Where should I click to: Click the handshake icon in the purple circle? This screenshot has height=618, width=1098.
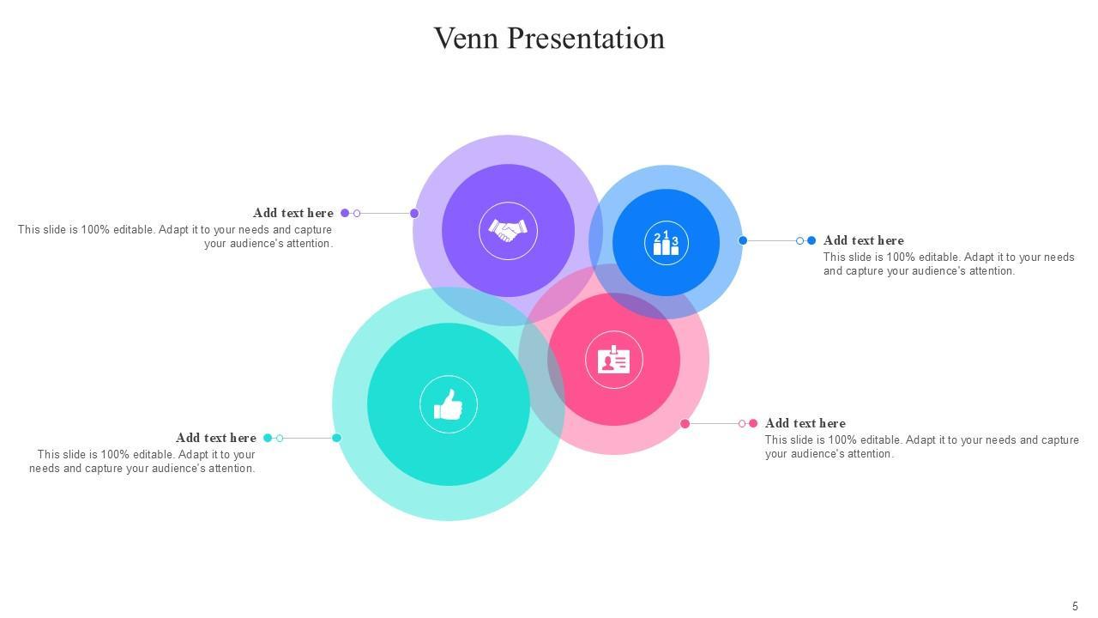point(508,230)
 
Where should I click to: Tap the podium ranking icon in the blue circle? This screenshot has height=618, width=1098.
point(666,243)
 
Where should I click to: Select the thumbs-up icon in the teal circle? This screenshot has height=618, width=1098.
point(448,404)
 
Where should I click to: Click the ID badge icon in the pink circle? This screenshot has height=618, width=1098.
point(613,360)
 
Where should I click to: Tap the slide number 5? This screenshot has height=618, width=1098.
point(1075,606)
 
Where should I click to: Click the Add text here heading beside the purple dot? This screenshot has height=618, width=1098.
point(293,213)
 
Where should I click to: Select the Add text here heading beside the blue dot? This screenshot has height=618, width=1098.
point(863,240)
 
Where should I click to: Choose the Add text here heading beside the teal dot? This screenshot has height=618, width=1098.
point(216,438)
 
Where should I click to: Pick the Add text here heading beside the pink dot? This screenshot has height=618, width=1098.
point(805,423)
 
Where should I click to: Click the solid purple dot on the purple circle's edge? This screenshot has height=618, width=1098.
point(414,213)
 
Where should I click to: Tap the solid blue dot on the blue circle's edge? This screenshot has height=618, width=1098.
point(743,240)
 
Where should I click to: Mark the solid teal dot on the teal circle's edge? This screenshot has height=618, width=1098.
point(336,438)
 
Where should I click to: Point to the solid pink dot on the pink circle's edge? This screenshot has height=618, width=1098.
point(685,423)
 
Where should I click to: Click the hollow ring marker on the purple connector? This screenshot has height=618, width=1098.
point(357,213)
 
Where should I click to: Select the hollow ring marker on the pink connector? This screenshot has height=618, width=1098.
point(742,423)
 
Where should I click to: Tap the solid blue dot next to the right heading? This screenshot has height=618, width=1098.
point(811,240)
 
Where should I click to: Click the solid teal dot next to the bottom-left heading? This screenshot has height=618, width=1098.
point(268,438)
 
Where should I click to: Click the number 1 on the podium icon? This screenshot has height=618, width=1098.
point(666,234)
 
